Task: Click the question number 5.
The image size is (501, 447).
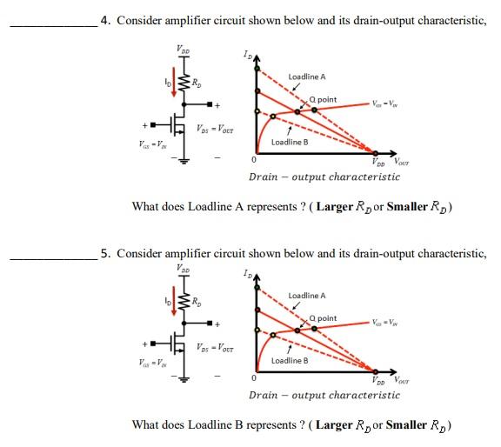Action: [x=104, y=254]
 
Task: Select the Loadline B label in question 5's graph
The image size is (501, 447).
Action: [x=291, y=360]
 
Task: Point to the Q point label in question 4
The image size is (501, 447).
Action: [x=322, y=99]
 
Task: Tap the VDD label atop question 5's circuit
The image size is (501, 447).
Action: [x=182, y=267]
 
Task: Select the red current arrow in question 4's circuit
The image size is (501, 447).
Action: [x=173, y=84]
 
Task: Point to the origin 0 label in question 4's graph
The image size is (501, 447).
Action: [x=253, y=160]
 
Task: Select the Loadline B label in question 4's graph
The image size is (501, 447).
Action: [x=291, y=142]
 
